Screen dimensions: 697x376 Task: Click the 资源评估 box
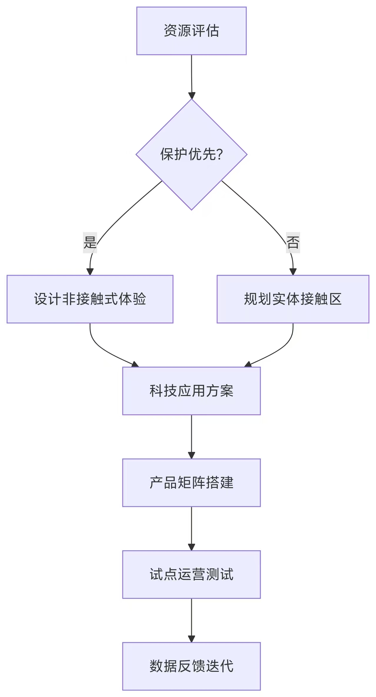click(191, 31)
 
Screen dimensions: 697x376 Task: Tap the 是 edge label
click(90, 242)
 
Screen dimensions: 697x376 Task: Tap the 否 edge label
click(293, 242)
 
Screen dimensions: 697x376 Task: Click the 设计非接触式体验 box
click(90, 299)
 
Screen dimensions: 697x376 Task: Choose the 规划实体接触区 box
click(293, 299)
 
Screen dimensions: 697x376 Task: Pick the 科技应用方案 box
click(191, 391)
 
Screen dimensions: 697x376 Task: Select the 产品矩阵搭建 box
click(191, 483)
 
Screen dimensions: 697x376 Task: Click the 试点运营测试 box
click(191, 574)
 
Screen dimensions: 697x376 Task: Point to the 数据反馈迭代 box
click(191, 666)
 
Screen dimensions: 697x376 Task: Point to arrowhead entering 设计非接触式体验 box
click(90, 272)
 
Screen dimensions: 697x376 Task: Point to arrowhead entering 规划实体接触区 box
click(293, 272)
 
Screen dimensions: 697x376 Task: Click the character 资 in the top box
click(170, 31)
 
